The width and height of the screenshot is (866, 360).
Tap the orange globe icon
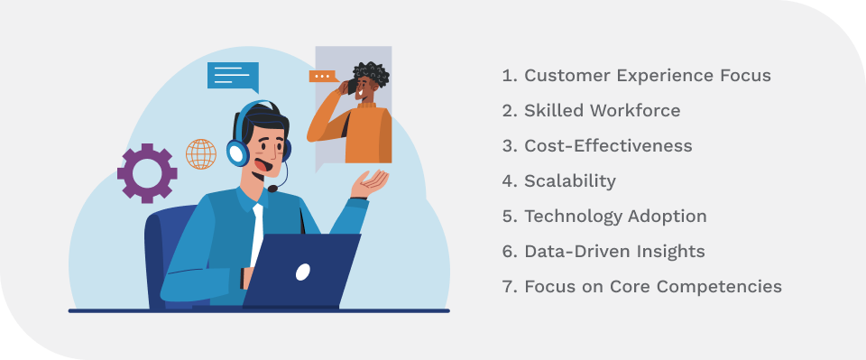[200, 153]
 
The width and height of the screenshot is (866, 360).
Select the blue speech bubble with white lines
[232, 75]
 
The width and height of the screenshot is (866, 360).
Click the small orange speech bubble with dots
[323, 77]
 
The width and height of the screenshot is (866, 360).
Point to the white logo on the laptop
[303, 272]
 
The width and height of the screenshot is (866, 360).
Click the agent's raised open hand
[372, 185]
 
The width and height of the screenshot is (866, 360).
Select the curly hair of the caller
[371, 74]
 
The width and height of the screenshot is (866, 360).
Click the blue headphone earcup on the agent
[238, 152]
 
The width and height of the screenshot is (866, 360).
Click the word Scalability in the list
[570, 181]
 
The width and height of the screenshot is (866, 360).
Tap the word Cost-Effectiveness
[608, 146]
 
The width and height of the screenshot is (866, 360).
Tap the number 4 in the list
[508, 181]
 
